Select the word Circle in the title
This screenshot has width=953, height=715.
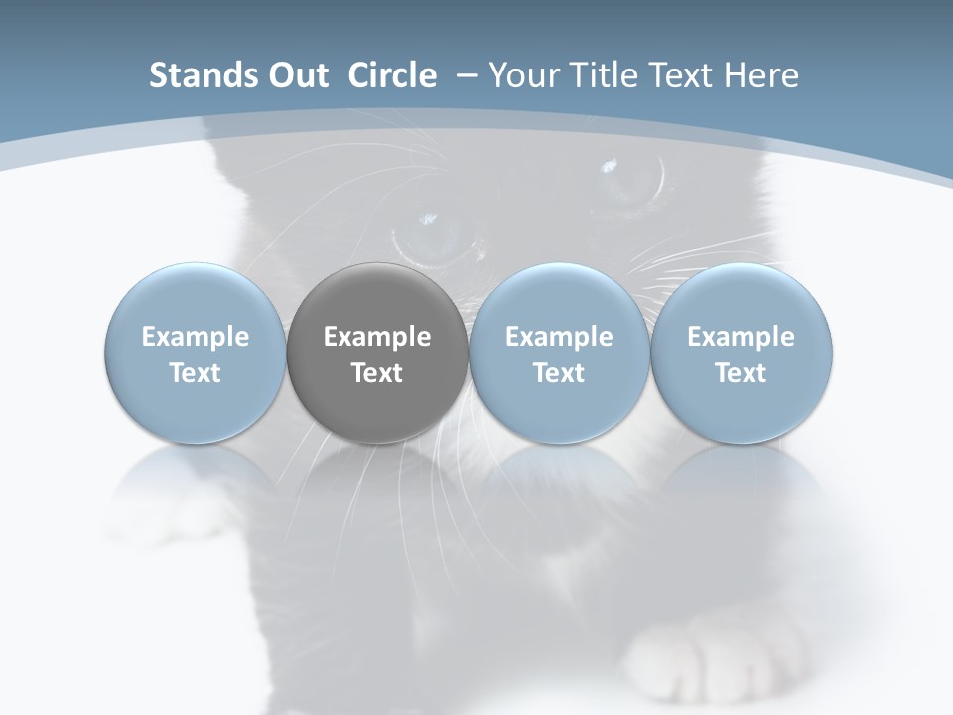392,75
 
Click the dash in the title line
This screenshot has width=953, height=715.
464,76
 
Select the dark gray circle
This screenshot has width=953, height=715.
377,353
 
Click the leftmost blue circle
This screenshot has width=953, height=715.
195,353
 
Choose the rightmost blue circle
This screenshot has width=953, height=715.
742,353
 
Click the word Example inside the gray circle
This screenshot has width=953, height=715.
377,337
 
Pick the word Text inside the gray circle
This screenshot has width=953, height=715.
377,373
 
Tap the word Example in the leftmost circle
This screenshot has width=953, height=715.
195,337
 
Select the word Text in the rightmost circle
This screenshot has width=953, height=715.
742,373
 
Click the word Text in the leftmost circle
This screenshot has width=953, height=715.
195,373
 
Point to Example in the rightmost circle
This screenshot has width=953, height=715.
742,337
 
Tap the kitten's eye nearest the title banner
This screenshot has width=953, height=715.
627,179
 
